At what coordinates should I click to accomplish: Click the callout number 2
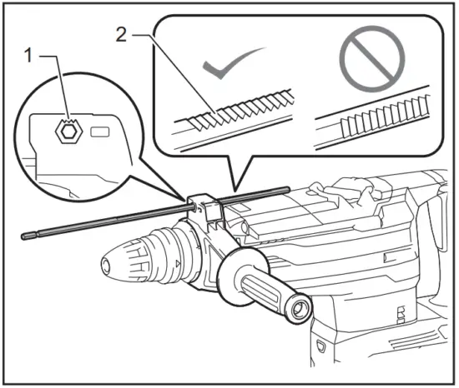(123, 37)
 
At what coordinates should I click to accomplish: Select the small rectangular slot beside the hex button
(98, 131)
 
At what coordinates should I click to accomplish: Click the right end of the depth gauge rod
(286, 190)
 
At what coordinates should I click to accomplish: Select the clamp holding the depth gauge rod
(203, 208)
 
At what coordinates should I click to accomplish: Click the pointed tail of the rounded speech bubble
(235, 185)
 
